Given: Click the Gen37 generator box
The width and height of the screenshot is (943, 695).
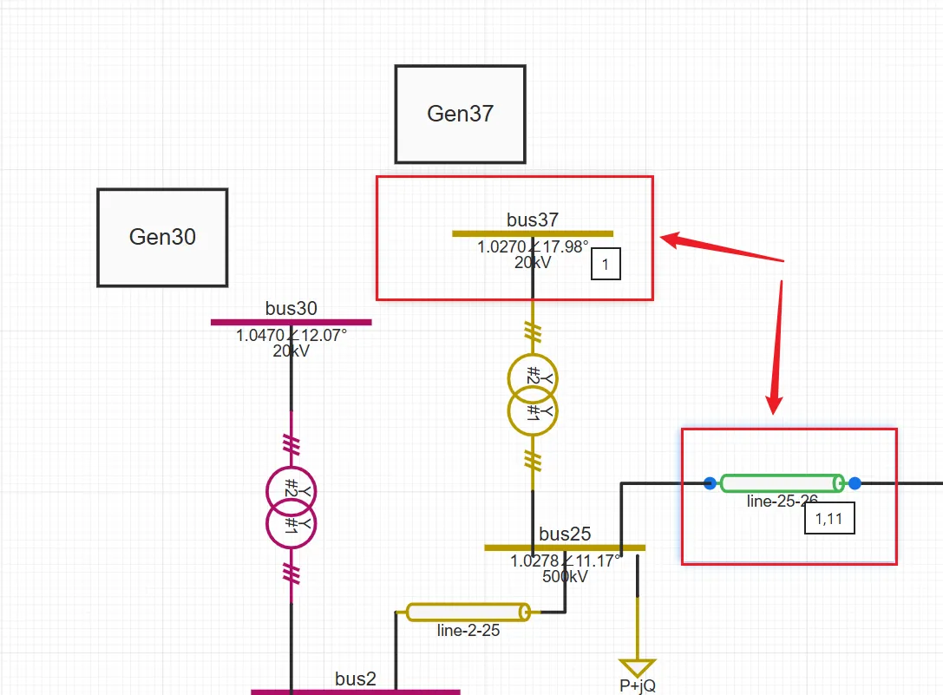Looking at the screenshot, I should pyautogui.click(x=460, y=114).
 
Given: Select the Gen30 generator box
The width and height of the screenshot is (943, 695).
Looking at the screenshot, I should pyautogui.click(x=162, y=237).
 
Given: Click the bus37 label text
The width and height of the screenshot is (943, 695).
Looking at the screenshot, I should pyautogui.click(x=532, y=220).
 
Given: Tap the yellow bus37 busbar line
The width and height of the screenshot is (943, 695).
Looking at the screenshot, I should pyautogui.click(x=532, y=233).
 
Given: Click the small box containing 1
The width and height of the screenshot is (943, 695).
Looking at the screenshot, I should pyautogui.click(x=606, y=265).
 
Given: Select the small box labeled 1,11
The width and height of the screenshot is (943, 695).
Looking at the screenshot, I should pyautogui.click(x=829, y=518).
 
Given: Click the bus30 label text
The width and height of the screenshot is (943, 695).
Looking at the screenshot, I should pyautogui.click(x=291, y=308).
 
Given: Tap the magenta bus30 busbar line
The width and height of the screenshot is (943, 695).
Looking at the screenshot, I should pyautogui.click(x=291, y=322).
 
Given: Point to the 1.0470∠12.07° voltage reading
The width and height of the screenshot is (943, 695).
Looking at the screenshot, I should pyautogui.click(x=291, y=335).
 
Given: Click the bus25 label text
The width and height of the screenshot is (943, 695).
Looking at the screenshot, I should pyautogui.click(x=565, y=534).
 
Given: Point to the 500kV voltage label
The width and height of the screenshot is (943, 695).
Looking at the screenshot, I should pyautogui.click(x=565, y=575).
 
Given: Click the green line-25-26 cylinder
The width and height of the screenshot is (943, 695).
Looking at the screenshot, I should pyautogui.click(x=782, y=483).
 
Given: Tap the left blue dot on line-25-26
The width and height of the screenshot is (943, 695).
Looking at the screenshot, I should pyautogui.click(x=711, y=483).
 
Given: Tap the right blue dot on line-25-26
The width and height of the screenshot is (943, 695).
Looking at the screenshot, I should pyautogui.click(x=855, y=483).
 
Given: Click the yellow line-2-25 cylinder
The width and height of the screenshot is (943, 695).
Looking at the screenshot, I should pyautogui.click(x=468, y=613).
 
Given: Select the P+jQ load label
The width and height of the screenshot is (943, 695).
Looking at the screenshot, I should pyautogui.click(x=638, y=686).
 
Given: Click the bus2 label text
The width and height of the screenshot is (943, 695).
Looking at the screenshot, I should pyautogui.click(x=356, y=679).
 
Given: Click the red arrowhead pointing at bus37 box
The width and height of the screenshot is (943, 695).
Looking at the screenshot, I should pyautogui.click(x=671, y=239).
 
